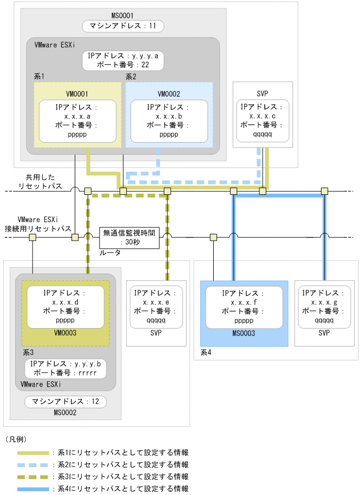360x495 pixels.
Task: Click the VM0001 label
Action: click(x=77, y=94)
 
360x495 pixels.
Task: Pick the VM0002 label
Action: click(x=168, y=94)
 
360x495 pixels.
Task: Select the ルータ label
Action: click(x=111, y=253)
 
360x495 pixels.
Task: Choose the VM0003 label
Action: click(x=66, y=333)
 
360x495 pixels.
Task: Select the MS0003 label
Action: click(x=244, y=333)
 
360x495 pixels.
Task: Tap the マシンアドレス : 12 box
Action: click(x=65, y=402)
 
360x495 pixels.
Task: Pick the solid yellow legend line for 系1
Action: click(x=34, y=452)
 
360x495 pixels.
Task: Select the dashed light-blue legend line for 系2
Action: click(x=34, y=464)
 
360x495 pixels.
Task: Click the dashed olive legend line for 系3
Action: click(x=34, y=477)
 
